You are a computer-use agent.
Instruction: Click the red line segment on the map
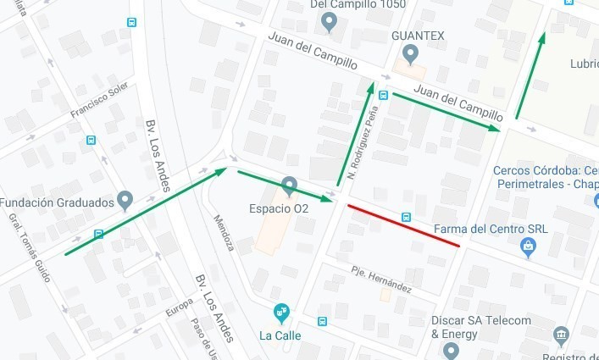pos(404,225)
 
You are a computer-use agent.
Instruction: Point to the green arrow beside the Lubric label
pos(530,76)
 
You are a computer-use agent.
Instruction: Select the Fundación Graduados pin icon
pos(125,201)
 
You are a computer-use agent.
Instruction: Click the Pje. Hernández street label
pos(381,281)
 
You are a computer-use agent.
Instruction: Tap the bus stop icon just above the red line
pos(407,216)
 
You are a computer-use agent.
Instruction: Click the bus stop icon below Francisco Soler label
pos(91,140)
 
